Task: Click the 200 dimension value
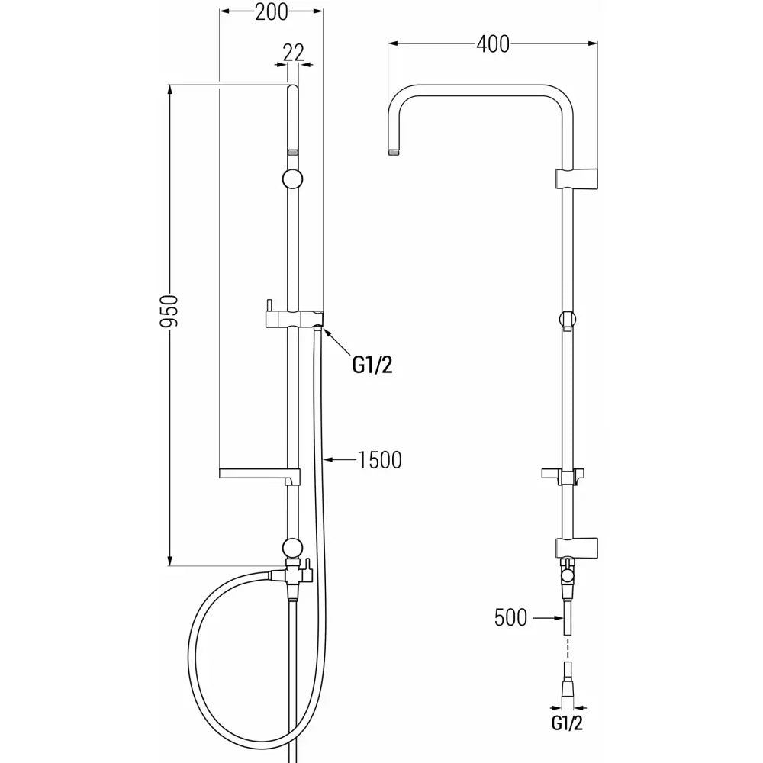point(272,12)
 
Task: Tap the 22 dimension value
point(294,52)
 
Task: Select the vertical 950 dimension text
point(171,311)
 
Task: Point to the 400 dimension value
point(493,44)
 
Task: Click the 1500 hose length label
point(380,460)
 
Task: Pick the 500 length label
point(510,617)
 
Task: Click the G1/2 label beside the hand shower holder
point(372,365)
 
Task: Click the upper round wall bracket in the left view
point(292,179)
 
